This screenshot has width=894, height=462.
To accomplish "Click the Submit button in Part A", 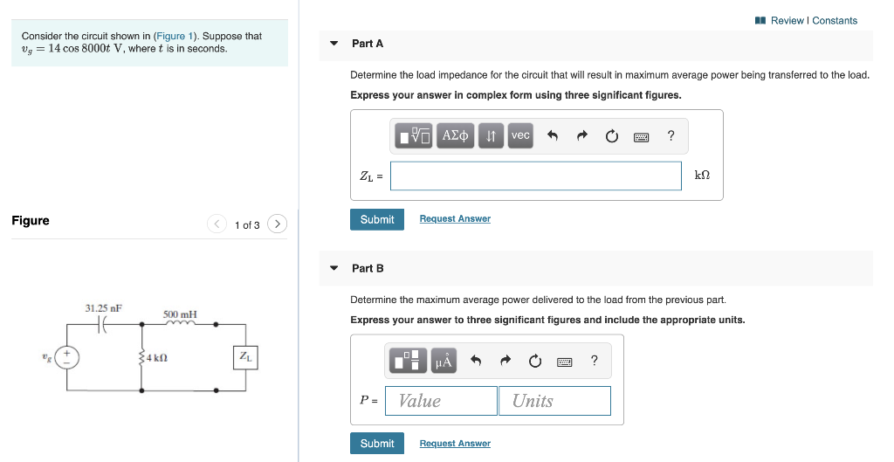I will (377, 219).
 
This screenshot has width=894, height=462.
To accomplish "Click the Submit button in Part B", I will (377, 444).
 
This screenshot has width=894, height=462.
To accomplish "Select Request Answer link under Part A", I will (455, 219).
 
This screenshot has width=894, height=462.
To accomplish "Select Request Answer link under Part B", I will (455, 444).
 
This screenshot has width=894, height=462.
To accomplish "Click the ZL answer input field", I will (535, 176).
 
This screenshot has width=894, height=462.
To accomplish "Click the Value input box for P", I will (441, 401).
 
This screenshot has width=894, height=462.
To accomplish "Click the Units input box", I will (554, 401).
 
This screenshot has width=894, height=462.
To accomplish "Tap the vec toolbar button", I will (520, 135).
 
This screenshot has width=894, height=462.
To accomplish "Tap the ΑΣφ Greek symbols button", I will (456, 135).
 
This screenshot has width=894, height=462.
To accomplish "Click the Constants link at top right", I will (835, 20).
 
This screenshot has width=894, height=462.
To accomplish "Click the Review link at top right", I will (787, 20).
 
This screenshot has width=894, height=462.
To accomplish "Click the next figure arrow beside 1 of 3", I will (277, 224).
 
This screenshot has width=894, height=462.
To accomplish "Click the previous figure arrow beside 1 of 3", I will (217, 224).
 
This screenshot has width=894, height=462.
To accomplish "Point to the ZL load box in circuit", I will (245, 356).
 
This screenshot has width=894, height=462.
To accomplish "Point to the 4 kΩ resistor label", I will (157, 358).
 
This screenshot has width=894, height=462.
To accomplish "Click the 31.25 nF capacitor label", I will (103, 308).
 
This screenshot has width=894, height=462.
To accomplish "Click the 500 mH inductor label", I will (180, 314).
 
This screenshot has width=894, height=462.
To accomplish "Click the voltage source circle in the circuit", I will (66, 357).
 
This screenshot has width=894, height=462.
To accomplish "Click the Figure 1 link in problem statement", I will (169, 36).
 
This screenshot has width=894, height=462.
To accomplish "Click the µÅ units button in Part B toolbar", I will (444, 360).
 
